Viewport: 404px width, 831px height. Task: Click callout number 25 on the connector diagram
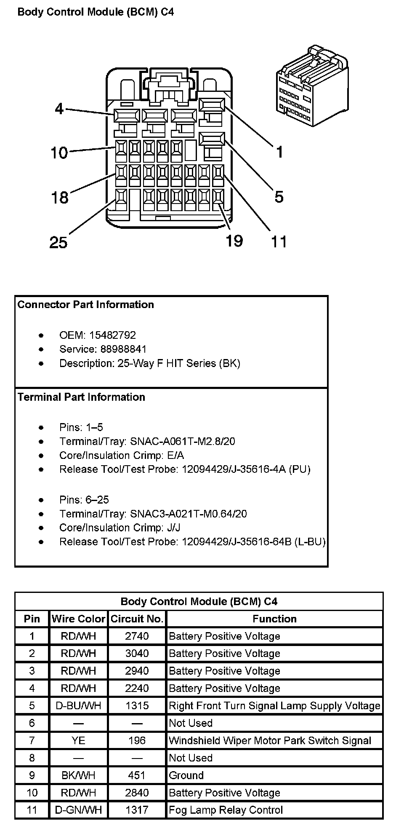58,242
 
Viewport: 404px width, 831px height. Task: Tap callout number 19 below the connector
234,241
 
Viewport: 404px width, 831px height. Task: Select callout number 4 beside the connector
59,109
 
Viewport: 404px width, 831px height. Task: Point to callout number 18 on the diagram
60,197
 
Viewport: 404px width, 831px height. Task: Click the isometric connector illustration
312,84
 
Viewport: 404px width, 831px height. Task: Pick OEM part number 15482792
112,335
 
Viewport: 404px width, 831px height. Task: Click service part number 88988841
118,349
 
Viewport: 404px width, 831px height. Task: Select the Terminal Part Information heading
81,397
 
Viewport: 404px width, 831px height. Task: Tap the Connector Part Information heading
86,305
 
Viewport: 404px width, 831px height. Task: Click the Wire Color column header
78,619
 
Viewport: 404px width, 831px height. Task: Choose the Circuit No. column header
137,619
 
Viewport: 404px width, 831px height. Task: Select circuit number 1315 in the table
137,705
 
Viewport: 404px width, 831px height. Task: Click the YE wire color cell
78,740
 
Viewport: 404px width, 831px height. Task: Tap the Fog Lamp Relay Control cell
226,810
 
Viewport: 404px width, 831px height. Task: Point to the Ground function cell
186,775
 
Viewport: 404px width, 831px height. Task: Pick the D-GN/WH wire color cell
78,810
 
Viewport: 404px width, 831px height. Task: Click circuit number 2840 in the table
137,793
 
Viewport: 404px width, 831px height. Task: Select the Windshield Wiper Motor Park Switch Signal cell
270,740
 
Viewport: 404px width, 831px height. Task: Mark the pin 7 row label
32,740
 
